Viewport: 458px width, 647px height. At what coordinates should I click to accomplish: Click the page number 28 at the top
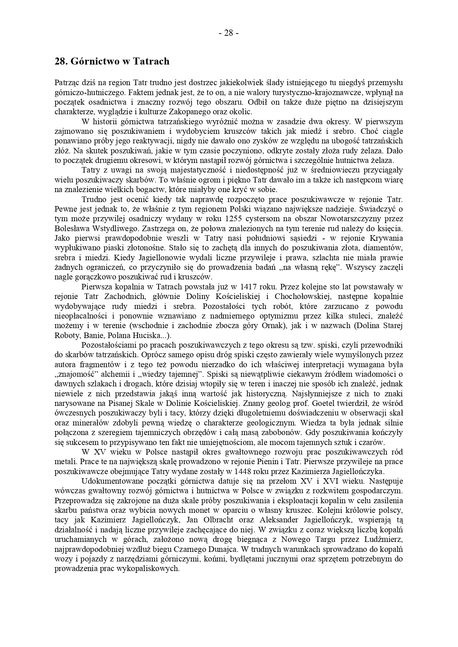tap(229, 33)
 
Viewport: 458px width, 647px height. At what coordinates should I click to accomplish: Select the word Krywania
tap(385, 238)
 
